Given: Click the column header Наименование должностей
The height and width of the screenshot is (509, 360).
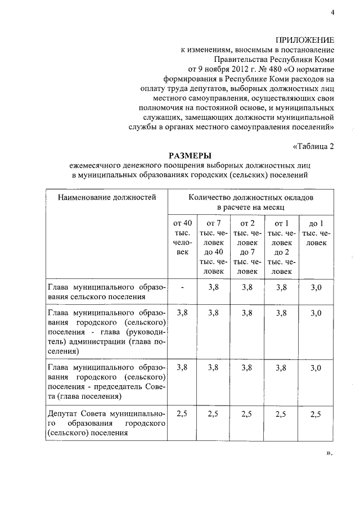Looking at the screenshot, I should (106, 197).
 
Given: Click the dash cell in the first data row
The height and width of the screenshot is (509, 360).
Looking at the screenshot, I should (183, 287).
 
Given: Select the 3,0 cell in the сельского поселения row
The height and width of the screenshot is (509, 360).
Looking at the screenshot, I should (317, 287).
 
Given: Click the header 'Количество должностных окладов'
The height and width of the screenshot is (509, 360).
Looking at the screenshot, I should (251, 197).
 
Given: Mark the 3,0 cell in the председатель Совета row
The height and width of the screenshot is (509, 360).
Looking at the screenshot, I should (317, 368).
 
